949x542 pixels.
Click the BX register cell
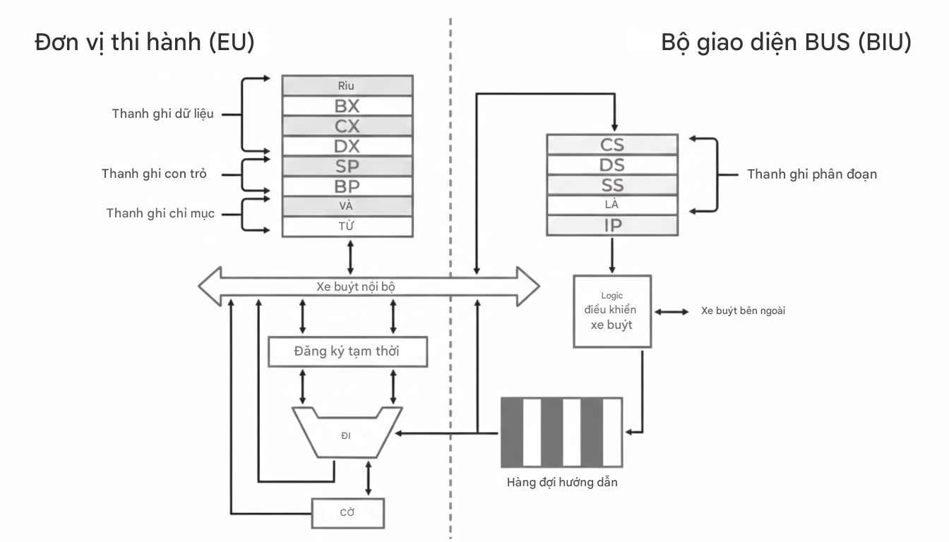[347, 107]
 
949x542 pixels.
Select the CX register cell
[347, 126]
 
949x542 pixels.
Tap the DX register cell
[347, 146]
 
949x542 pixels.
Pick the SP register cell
[347, 167]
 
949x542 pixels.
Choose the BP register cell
[347, 186]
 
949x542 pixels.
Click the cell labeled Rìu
[347, 86]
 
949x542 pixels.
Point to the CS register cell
[611, 145]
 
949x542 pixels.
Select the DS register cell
[611, 165]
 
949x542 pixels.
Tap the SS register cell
[611, 185]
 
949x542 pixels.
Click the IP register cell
[611, 226]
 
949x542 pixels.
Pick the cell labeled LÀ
[611, 205]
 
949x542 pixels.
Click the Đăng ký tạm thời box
[347, 351]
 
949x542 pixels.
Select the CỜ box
[347, 513]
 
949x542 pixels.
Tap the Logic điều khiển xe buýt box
[611, 311]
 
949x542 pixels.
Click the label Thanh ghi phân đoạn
[812, 174]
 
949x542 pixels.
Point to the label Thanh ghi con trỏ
[154, 174]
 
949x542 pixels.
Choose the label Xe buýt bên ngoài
[743, 311]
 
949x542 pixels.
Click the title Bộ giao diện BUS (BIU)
[786, 42]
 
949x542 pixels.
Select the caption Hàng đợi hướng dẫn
[562, 483]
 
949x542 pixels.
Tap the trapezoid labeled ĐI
[346, 435]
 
